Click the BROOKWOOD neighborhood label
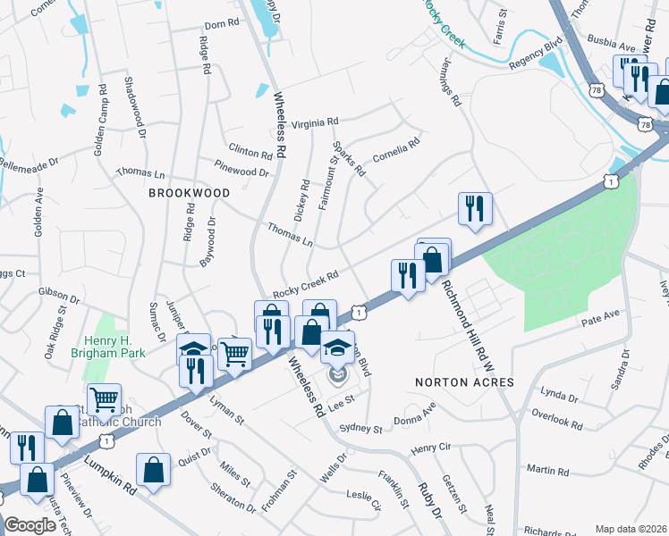[x=190, y=192]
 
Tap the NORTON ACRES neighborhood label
[x=464, y=382]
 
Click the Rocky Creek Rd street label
[x=306, y=286]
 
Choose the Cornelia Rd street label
[x=396, y=148]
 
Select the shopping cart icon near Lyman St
[x=234, y=353]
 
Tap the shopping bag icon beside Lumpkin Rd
[x=153, y=469]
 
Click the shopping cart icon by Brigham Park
[x=104, y=398]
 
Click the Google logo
[x=30, y=525]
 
